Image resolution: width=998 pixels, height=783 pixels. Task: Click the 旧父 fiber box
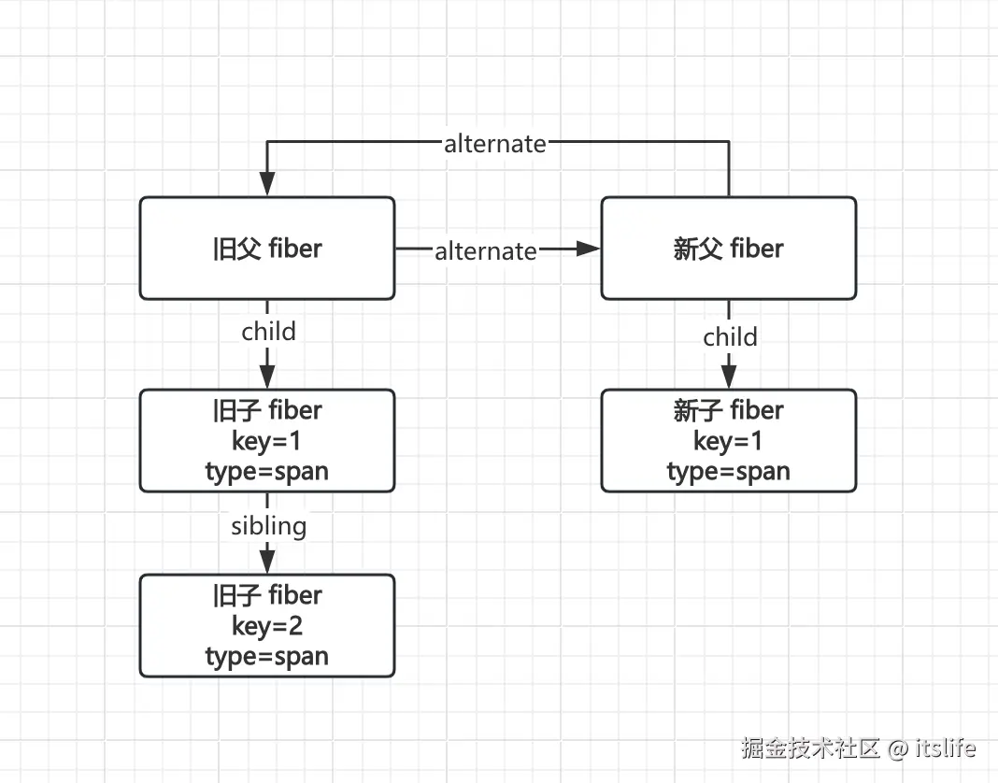(267, 249)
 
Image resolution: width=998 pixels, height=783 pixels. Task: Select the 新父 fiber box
(728, 249)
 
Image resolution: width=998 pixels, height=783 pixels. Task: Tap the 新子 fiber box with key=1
(728, 441)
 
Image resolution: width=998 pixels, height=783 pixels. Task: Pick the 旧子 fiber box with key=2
(267, 626)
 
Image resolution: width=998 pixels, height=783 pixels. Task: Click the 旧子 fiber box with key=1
(267, 441)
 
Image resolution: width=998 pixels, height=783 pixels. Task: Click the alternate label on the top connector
(494, 143)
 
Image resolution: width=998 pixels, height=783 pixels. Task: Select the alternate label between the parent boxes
(485, 250)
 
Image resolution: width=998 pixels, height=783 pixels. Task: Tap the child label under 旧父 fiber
(268, 332)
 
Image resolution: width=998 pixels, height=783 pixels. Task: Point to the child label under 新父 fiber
(730, 336)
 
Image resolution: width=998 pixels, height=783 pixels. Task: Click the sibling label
(268, 526)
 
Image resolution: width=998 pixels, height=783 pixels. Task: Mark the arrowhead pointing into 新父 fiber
(588, 249)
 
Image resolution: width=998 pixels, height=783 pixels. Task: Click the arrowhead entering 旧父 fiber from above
(267, 185)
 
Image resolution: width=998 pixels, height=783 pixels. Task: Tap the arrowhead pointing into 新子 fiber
(729, 376)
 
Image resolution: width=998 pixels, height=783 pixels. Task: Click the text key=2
(267, 626)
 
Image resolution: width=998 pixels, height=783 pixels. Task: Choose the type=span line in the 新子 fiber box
(728, 472)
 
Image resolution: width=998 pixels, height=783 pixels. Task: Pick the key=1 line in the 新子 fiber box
(728, 441)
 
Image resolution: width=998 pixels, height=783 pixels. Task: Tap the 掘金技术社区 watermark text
(811, 748)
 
